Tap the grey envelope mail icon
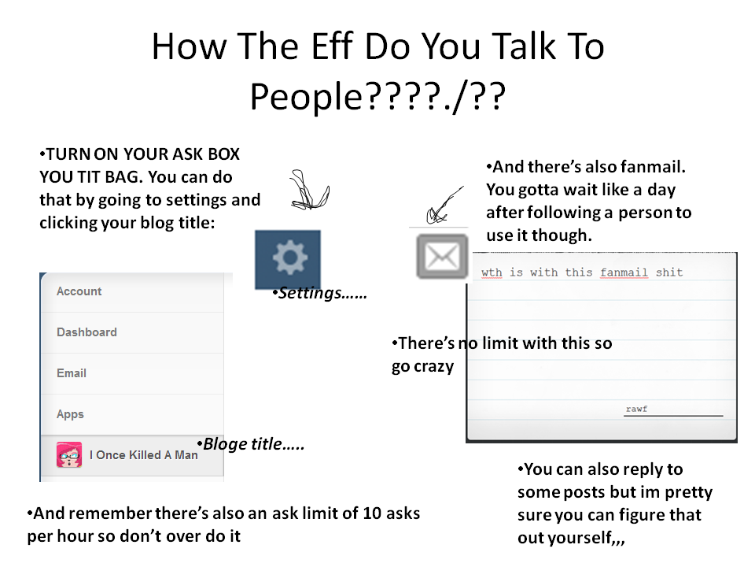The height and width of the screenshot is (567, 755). (x=442, y=257)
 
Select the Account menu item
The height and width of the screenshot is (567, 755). (x=79, y=291)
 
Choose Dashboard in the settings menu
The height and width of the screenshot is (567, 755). (x=87, y=332)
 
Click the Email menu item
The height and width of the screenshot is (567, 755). (x=72, y=373)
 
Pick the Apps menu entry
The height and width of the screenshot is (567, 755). (x=70, y=414)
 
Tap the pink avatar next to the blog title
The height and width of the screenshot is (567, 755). (x=69, y=454)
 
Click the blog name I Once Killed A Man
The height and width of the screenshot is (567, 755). (x=143, y=454)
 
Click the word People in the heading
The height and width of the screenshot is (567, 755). (x=306, y=96)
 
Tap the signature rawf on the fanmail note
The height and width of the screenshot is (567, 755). (x=636, y=409)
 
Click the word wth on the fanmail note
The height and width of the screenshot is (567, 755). (x=492, y=272)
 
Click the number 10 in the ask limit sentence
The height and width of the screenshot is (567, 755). (x=372, y=513)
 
